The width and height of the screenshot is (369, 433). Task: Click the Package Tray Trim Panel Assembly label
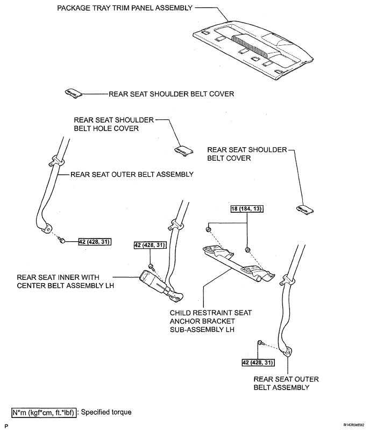pos(125,8)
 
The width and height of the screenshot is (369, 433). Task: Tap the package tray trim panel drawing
pos(253,50)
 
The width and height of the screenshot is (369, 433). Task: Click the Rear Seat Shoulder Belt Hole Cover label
pos(113,124)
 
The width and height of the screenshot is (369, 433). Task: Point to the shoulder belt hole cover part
pos(184,151)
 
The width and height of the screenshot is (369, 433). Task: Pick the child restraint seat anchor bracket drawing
pos(239,264)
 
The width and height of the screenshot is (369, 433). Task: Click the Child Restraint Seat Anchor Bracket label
pos(211,321)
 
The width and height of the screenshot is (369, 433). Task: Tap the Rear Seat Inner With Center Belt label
pos(65,281)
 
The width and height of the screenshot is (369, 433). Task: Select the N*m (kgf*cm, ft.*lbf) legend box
pos(44,413)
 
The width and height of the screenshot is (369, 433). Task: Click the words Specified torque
pos(106,412)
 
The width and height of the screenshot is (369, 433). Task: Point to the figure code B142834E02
pos(354,425)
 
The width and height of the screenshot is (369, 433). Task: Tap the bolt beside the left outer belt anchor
pos(62,241)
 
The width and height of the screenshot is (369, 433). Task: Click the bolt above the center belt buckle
pos(151,266)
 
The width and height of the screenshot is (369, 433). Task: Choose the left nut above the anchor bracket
pos(208,229)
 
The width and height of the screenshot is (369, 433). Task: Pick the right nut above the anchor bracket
pos(247,250)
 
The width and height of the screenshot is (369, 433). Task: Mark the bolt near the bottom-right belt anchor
pos(260,343)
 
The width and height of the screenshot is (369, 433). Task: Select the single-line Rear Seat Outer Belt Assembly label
pos(132,175)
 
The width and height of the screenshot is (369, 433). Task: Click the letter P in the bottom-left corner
pos(6,427)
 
